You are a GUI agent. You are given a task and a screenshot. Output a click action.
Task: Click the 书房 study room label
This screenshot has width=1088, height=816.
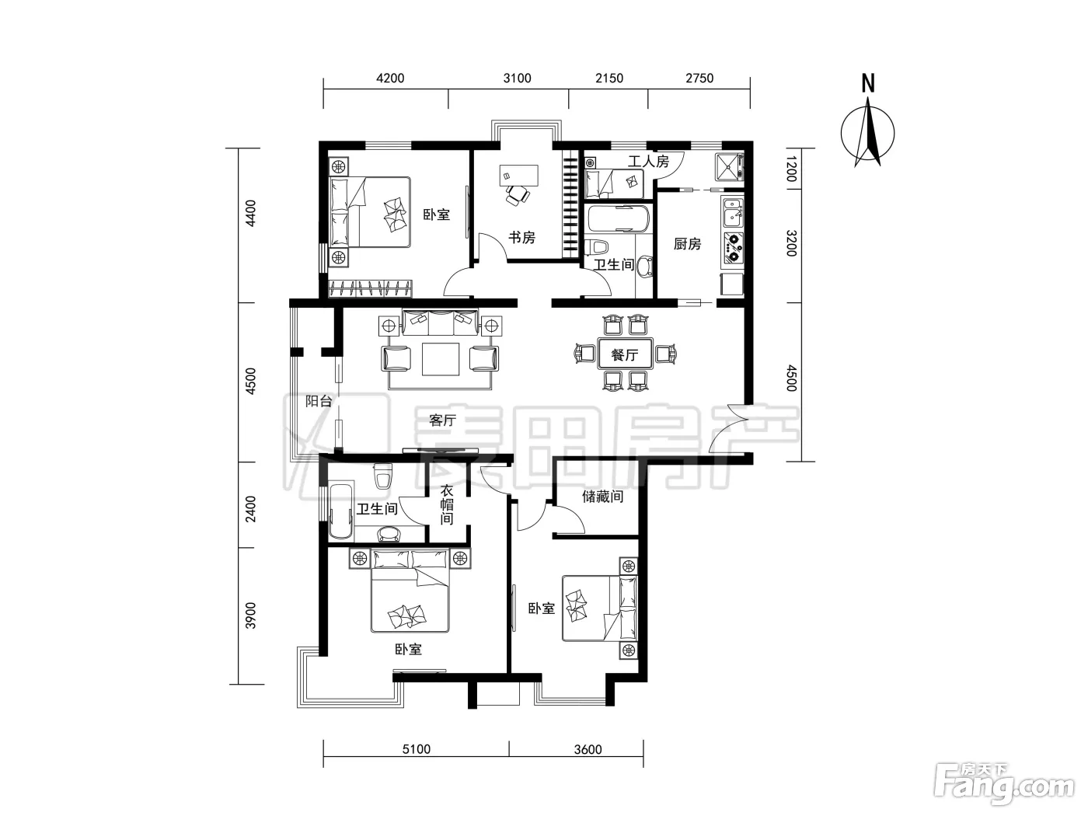[x=521, y=238]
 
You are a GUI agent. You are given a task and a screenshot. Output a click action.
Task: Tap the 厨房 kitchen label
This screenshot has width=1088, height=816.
[x=687, y=244]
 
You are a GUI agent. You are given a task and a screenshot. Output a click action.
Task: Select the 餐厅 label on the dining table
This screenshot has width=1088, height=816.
[x=624, y=354]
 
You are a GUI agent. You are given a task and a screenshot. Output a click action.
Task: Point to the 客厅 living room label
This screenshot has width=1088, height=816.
[x=442, y=420]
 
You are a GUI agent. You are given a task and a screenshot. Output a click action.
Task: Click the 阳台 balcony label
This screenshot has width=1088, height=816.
[x=318, y=401]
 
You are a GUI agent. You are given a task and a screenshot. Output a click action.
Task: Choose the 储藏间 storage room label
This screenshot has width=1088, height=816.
[x=602, y=496]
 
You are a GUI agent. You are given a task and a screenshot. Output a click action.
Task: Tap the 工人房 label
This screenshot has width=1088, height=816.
[x=648, y=161]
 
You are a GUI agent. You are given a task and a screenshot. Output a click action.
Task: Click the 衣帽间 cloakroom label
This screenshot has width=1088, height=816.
[x=447, y=505]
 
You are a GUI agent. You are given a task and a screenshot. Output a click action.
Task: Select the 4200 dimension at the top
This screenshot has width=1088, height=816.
[x=390, y=78]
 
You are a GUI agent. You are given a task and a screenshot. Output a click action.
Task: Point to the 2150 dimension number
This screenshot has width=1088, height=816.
[x=609, y=78]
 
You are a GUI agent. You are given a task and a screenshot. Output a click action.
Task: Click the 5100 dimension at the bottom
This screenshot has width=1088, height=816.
[x=417, y=749]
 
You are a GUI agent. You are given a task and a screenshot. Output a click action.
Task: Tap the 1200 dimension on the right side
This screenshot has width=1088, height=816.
[x=791, y=169]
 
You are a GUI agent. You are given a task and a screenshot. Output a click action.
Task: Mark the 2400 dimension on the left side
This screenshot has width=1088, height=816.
[x=251, y=508]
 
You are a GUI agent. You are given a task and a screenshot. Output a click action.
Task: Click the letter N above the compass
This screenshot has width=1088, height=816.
[x=868, y=83]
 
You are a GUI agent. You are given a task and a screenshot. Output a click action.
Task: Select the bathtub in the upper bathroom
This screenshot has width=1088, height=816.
[x=618, y=218]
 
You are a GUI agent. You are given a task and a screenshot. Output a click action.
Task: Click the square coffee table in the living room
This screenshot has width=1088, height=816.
[x=440, y=359]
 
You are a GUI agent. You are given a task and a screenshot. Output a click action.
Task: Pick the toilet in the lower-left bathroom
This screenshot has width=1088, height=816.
[x=382, y=476]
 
